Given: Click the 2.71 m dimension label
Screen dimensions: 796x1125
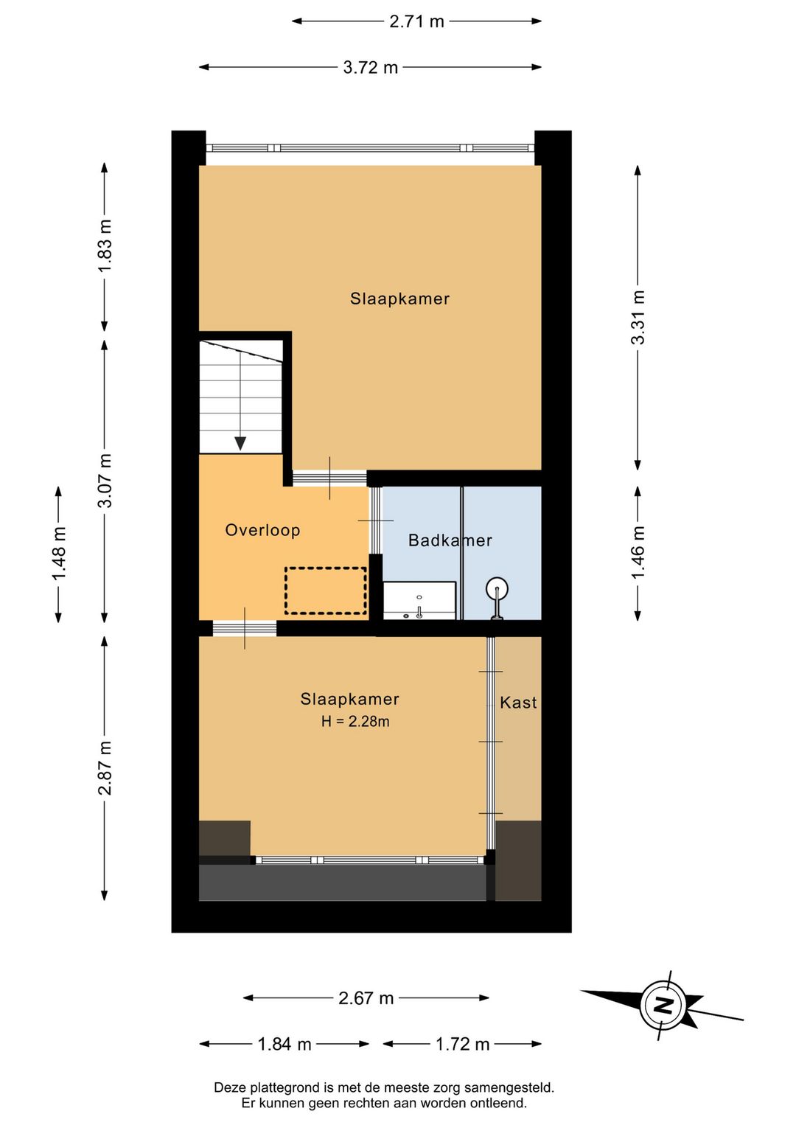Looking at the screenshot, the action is coord(416,21).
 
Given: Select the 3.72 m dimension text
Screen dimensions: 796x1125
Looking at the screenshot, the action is coord(370,67).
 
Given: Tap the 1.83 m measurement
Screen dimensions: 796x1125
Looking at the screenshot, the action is coord(105,246).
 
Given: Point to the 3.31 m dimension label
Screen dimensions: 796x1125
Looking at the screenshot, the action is coord(638,318).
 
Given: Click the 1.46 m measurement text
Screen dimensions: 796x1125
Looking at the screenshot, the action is coord(638,552).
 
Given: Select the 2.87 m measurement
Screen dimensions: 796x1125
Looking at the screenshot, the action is coord(105,768).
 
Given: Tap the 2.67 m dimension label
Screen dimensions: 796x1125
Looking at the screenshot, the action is coord(366,998).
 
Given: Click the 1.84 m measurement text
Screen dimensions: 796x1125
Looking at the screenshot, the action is coord(284,1045).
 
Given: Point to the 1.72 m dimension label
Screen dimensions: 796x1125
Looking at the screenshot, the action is coord(462,1045).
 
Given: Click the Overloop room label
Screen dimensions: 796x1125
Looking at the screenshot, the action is coord(262,530).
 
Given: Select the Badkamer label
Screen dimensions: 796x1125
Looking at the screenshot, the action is coord(450,540).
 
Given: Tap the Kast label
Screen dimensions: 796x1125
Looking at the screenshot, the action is coord(518,703).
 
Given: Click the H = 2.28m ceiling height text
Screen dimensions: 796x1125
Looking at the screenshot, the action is coord(355,722).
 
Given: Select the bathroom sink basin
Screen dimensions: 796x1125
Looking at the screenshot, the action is coord(419,600).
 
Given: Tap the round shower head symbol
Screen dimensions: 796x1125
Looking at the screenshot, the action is coord(497,587).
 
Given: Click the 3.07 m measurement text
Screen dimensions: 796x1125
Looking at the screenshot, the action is coord(105,481).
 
